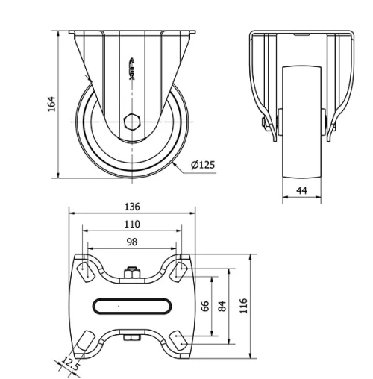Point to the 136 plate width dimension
pos(132,207)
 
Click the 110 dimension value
pos(132,225)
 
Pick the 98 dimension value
pos(132,242)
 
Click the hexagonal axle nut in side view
pos(132,121)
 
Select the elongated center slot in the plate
pos(132,305)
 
